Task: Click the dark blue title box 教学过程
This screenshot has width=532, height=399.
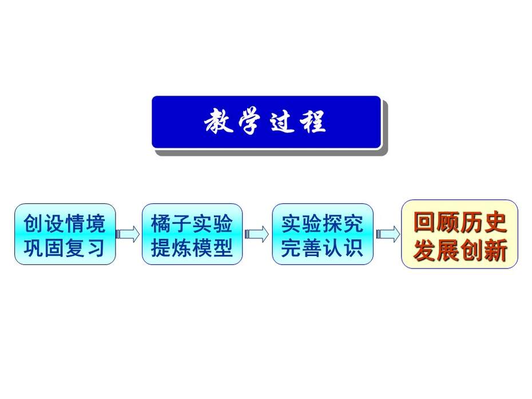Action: pyautogui.click(x=267, y=123)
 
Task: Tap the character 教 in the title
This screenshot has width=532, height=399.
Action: pyautogui.click(x=219, y=121)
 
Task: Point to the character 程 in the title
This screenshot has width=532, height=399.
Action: pyautogui.click(x=313, y=121)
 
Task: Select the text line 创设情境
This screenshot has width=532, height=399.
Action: pyautogui.click(x=65, y=223)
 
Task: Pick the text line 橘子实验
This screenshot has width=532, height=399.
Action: pyautogui.click(x=192, y=223)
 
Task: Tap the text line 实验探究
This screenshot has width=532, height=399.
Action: pyautogui.click(x=322, y=223)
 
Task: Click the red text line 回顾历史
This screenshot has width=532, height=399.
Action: pyautogui.click(x=460, y=223)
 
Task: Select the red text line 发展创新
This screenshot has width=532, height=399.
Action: pyautogui.click(x=460, y=250)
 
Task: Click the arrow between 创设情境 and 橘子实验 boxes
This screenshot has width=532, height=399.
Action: pyautogui.click(x=128, y=234)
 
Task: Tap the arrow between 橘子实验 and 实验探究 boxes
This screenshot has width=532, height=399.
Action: pyautogui.click(x=257, y=234)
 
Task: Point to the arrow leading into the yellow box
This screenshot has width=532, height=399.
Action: pyautogui.click(x=388, y=234)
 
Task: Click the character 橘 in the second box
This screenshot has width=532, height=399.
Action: pyautogui.click(x=161, y=223)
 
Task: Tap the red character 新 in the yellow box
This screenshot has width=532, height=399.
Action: pyautogui.click(x=496, y=250)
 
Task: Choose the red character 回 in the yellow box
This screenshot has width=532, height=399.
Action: pyautogui.click(x=424, y=223)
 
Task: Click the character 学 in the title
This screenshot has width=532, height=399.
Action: pyautogui.click(x=249, y=121)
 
